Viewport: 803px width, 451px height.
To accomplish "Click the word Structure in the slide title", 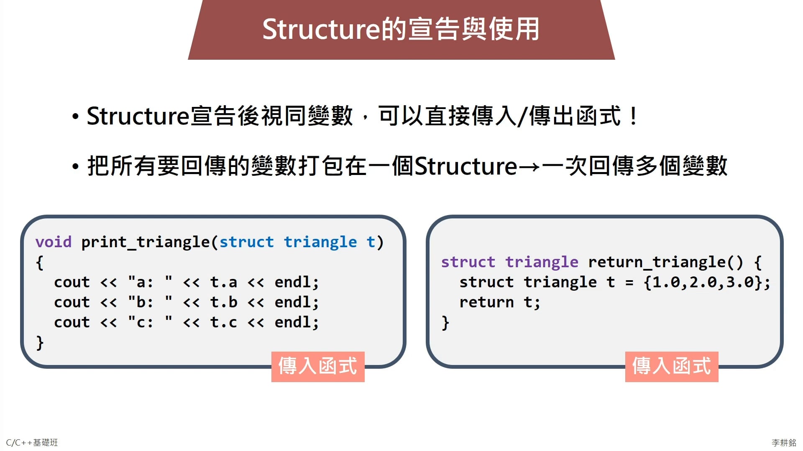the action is pyautogui.click(x=321, y=29).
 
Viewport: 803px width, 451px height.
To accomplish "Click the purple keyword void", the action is pyautogui.click(x=54, y=242).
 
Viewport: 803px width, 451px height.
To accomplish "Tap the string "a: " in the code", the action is pyautogui.click(x=150, y=282).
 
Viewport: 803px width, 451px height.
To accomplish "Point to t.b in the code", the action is pyautogui.click(x=224, y=302).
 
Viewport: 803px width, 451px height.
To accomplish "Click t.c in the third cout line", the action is pyautogui.click(x=224, y=322).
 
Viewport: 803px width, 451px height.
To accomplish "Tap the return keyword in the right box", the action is pyautogui.click(x=486, y=302).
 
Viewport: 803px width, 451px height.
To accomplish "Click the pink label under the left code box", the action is pyautogui.click(x=318, y=367).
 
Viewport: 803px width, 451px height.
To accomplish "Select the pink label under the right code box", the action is pyautogui.click(x=672, y=367).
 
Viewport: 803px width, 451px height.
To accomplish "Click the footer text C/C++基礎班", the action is pyautogui.click(x=32, y=443).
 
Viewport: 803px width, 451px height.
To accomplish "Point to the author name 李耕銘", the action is pyautogui.click(x=784, y=443).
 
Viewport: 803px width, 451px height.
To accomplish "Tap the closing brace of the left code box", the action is pyautogui.click(x=40, y=343).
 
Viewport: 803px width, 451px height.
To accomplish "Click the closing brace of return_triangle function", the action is pyautogui.click(x=445, y=323).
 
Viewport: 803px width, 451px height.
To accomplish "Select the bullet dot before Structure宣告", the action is pyautogui.click(x=75, y=117).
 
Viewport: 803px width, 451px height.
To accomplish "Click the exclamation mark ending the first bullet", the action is pyautogui.click(x=634, y=116).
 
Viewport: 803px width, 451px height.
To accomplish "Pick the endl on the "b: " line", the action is pyautogui.click(x=297, y=302).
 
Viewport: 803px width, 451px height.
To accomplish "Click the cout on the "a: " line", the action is pyautogui.click(x=72, y=282).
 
